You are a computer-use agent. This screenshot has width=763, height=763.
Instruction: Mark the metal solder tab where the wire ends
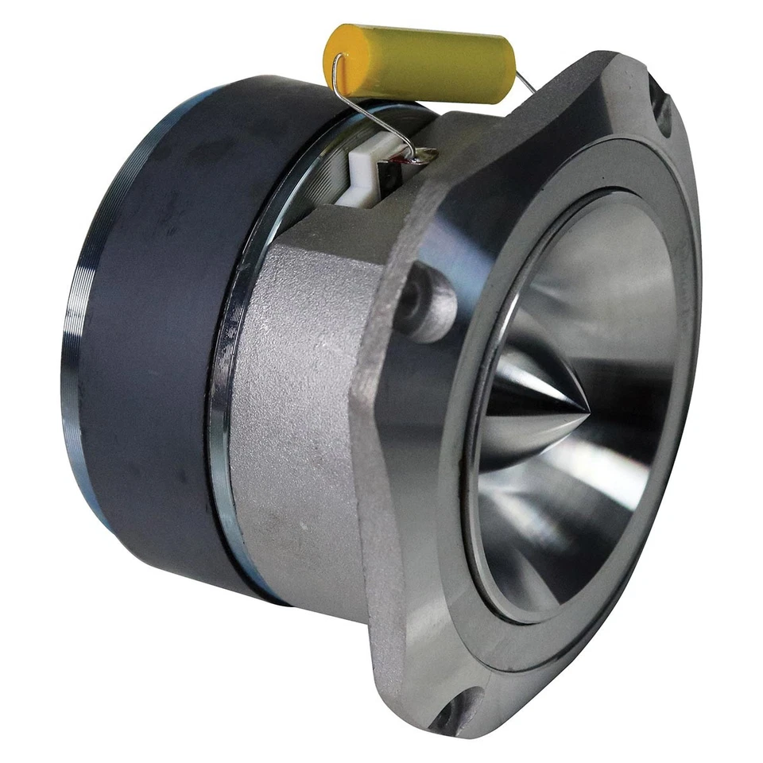pyautogui.click(x=421, y=157)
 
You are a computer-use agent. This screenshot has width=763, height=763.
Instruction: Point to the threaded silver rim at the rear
pyautogui.click(x=76, y=334)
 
